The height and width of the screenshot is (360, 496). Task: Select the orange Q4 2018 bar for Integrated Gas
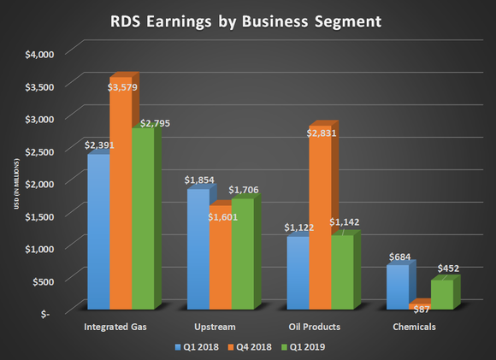(120, 197)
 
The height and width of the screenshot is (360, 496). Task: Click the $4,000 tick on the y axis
(38, 53)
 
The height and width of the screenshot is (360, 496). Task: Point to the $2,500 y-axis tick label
(38, 150)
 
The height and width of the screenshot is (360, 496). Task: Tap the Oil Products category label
(316, 327)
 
